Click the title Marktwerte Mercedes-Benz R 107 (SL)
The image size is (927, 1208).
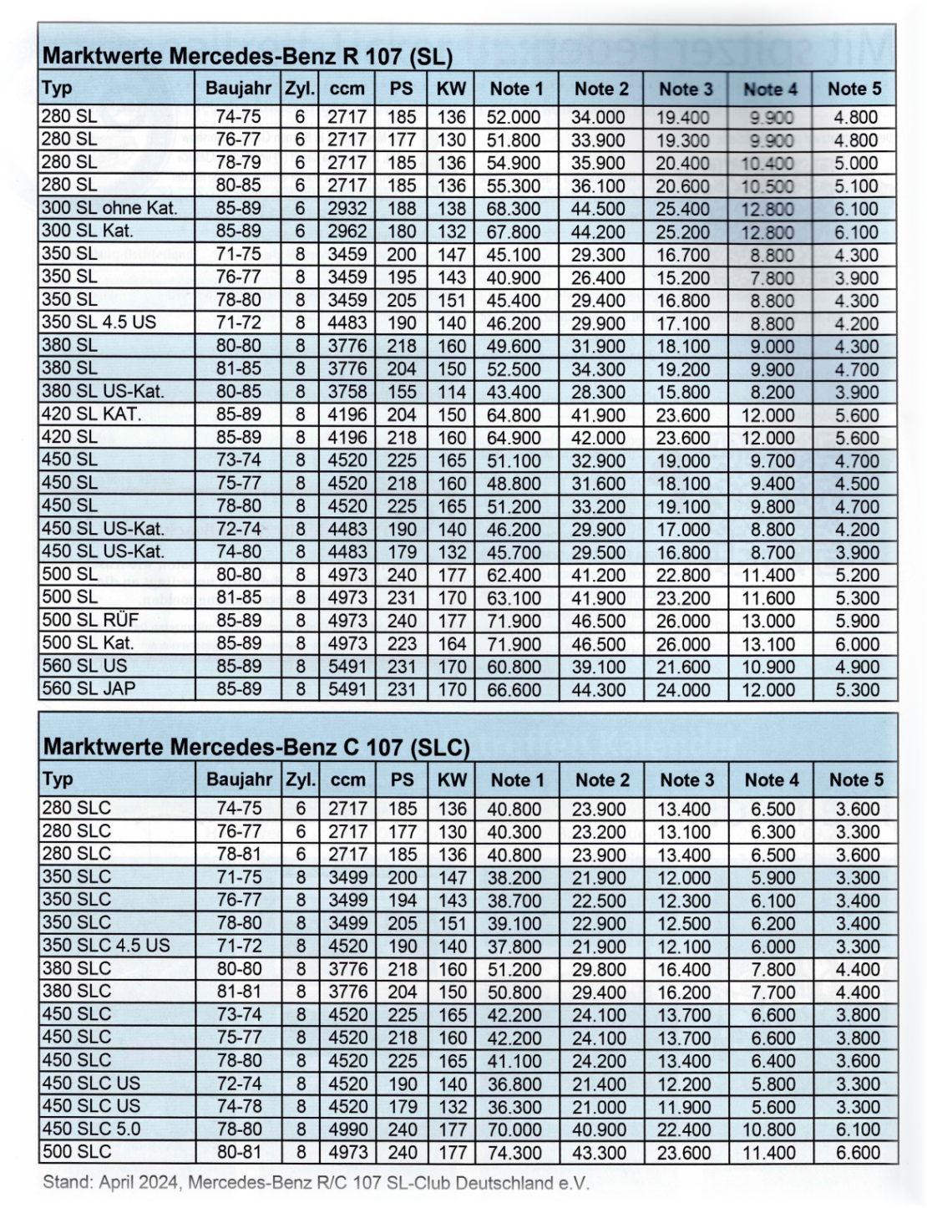(247, 57)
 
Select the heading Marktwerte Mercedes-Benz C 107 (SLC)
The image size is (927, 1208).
(256, 747)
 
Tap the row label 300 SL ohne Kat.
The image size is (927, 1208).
(109, 208)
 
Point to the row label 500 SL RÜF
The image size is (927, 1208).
(90, 620)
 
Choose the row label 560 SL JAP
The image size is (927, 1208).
(89, 688)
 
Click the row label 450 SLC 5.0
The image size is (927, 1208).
(91, 1129)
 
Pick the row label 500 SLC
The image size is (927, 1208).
(76, 1151)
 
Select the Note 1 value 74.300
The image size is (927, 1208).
(514, 1152)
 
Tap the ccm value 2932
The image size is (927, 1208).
(347, 208)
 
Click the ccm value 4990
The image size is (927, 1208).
(347, 1129)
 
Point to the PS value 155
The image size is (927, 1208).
(401, 392)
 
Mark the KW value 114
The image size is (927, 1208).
(452, 392)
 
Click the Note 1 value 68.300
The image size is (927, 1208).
(514, 209)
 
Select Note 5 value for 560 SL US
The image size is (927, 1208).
(856, 667)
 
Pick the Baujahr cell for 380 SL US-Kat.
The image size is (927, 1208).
(239, 391)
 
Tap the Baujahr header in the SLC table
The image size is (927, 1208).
(240, 779)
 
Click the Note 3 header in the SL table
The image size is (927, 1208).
(686, 89)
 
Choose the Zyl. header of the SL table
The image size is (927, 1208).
(300, 89)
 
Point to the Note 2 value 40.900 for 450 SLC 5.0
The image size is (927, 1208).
(599, 1129)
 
